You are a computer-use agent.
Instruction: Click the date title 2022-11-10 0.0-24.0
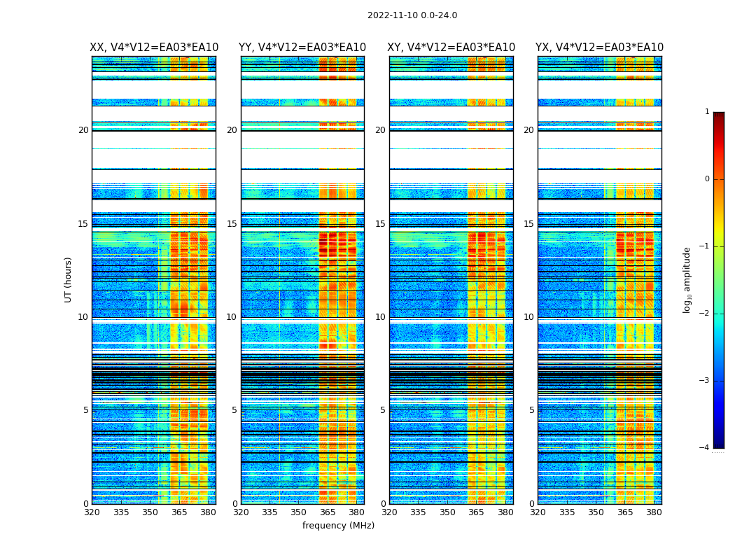click(412, 15)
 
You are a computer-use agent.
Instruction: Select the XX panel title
click(154, 48)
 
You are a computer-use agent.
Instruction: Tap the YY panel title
click(302, 48)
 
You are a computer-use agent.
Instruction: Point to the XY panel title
click(451, 48)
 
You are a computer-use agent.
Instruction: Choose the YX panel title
click(600, 48)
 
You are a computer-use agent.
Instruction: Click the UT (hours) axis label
click(69, 279)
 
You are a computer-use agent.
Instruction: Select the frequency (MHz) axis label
click(338, 526)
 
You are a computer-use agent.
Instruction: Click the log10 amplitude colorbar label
click(687, 279)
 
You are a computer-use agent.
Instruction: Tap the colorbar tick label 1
click(707, 112)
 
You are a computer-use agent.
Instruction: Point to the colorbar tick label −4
click(705, 448)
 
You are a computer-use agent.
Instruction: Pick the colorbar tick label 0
click(707, 179)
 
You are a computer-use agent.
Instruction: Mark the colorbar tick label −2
click(705, 314)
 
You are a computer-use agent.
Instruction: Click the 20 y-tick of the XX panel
click(83, 130)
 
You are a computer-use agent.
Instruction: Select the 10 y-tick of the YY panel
click(232, 317)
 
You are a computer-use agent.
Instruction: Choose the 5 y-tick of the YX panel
click(532, 410)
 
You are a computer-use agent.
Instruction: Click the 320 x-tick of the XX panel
click(92, 512)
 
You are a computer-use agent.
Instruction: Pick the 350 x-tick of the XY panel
click(448, 512)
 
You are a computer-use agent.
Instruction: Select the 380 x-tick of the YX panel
click(654, 512)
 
